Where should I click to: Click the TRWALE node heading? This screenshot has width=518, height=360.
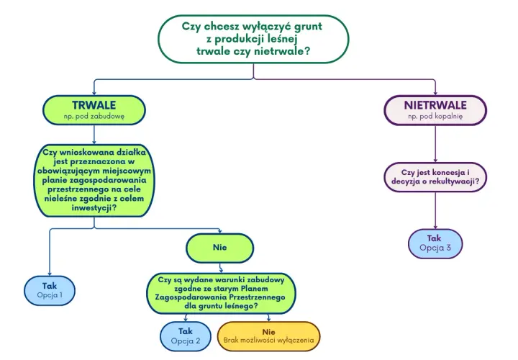point(94,105)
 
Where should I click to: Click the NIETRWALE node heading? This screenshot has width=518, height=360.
point(435,105)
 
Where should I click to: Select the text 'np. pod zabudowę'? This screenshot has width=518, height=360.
point(94,117)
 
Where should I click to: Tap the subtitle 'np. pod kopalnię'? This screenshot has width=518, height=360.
point(435,117)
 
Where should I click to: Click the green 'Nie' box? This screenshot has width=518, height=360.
point(220,248)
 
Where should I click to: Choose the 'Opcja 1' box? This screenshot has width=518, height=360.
point(50,291)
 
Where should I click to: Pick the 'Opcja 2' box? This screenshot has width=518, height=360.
point(186,336)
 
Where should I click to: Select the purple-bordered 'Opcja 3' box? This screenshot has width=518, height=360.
point(435,243)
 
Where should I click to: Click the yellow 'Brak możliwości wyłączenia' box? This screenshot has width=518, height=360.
point(268,336)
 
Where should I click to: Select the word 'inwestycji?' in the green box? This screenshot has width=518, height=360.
point(94,208)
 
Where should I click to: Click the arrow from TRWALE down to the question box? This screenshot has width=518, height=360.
point(94,135)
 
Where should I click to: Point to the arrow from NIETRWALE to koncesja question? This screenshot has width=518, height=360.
point(435,144)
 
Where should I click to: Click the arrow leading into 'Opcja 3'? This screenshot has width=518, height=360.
point(435,210)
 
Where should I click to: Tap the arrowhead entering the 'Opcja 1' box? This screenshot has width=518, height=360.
point(50,274)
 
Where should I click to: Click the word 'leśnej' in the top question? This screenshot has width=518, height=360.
point(284,39)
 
